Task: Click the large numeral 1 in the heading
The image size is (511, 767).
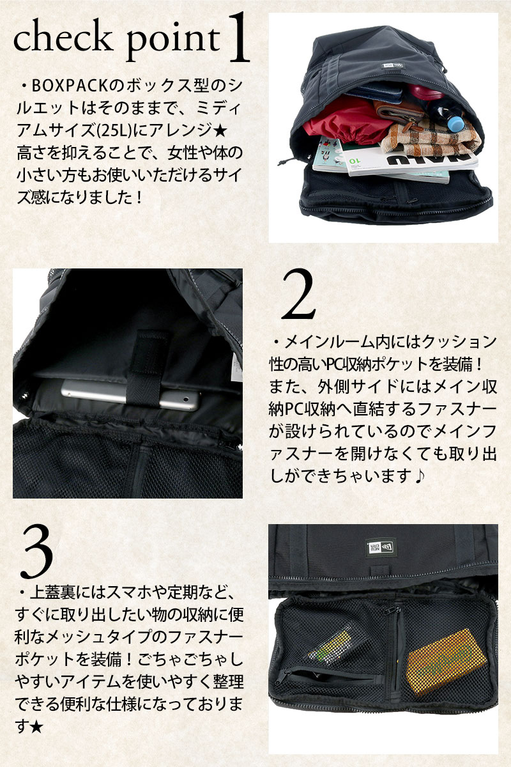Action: (x=240, y=38)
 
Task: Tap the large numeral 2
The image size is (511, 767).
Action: (x=298, y=295)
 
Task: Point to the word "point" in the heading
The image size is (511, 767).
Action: (x=173, y=43)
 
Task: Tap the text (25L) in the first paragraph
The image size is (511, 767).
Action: (x=114, y=131)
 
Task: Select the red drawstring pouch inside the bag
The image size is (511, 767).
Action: (x=346, y=120)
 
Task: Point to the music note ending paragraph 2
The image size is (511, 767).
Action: (x=420, y=476)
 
